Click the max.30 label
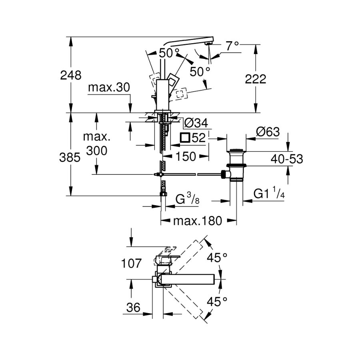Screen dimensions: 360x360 coord(109,87)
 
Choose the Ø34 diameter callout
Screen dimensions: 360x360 coord(195,122)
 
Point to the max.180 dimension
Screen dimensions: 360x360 coord(197,221)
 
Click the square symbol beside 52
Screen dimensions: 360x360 coord(185,138)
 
